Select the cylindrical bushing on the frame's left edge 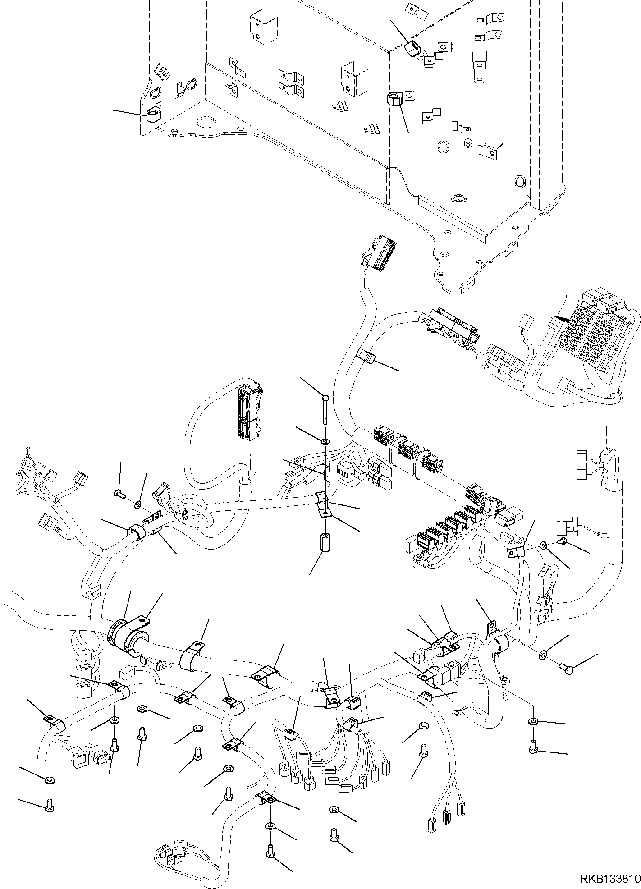pyautogui.click(x=153, y=115)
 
